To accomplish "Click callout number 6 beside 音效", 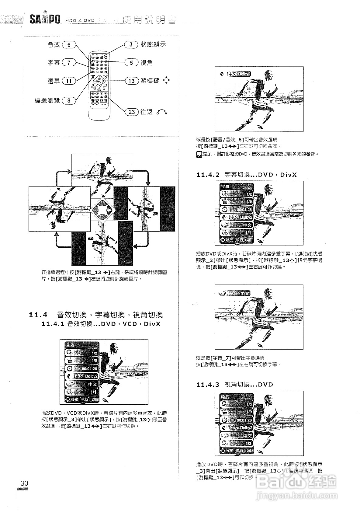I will coord(69,45).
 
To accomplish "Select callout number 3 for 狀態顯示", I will coord(131,44).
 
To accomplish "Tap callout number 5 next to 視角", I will coord(131,63).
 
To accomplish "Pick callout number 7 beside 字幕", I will coord(69,63).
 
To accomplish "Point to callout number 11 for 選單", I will coord(69,81).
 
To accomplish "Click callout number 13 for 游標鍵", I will coord(131,81).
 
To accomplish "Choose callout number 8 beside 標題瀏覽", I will coord(69,100).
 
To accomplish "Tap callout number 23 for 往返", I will coord(131,112).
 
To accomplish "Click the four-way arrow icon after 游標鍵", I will coord(166,81).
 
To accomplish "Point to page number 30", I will coord(25,483).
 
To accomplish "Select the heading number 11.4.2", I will coord(208,175).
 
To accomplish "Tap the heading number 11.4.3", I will coord(208,385).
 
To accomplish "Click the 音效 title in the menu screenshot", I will coord(70,345).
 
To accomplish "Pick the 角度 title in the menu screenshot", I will coord(225,397).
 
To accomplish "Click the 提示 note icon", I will coord(199,154).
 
